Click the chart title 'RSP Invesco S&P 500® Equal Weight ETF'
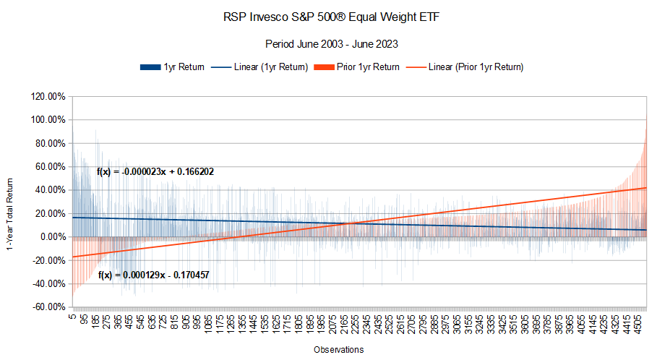tap(328, 17)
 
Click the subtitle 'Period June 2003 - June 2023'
tap(328, 43)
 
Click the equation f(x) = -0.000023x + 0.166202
tap(155, 172)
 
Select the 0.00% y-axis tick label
tap(50, 237)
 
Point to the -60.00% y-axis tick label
tap(47, 307)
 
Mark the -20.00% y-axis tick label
tap(47, 260)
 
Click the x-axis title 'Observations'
tap(338, 350)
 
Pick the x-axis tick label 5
tap(72, 316)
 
